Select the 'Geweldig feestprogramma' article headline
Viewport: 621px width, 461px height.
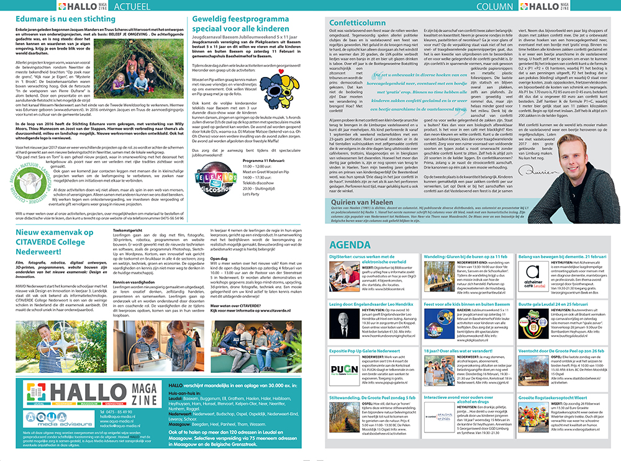[232, 25]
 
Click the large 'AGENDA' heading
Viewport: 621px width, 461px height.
[350, 243]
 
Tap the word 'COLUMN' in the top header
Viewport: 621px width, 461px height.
[495, 7]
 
